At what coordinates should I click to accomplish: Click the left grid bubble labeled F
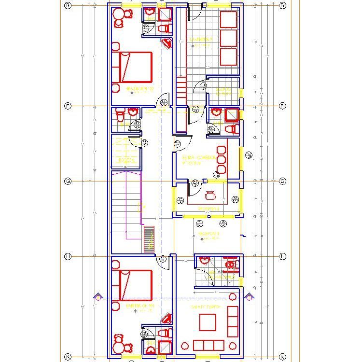68,106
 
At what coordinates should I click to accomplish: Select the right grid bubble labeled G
282,181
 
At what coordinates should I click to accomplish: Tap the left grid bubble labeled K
68,357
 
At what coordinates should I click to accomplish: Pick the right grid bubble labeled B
282,5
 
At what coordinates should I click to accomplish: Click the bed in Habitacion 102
133,68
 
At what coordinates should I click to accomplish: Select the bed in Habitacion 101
133,285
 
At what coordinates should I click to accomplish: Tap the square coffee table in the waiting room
208,322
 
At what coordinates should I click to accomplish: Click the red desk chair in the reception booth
210,195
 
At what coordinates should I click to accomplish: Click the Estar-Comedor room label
199,158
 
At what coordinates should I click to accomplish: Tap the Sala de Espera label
206,307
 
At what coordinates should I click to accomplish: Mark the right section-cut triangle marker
249,296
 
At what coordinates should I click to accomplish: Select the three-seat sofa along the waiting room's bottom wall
208,345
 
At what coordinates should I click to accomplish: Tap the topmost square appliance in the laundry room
228,20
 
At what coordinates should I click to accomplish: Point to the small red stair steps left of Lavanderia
181,89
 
